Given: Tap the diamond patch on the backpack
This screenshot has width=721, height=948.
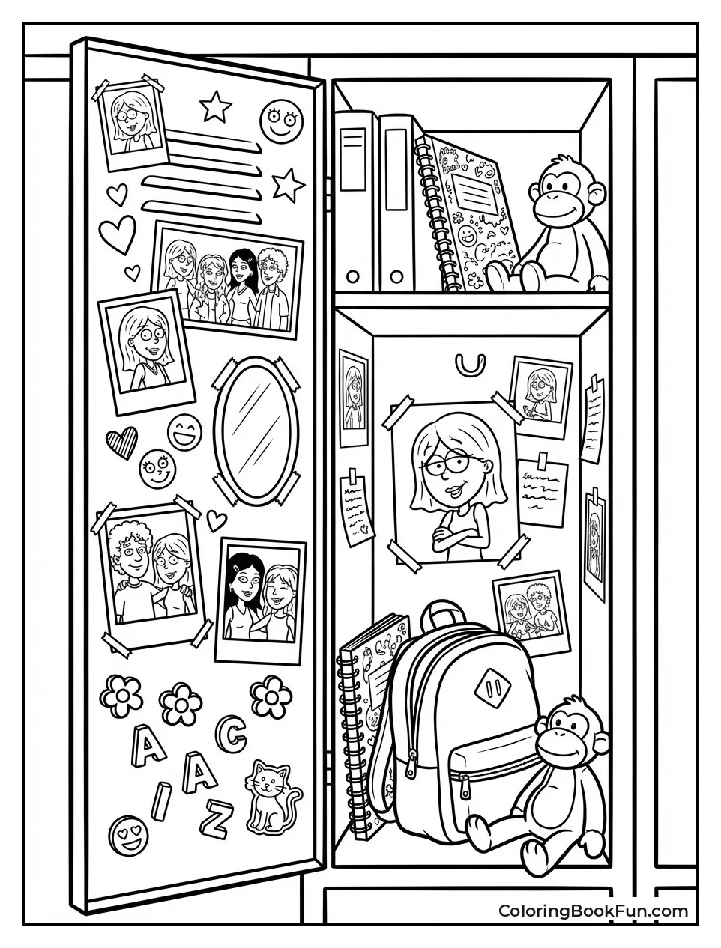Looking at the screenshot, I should [x=493, y=688].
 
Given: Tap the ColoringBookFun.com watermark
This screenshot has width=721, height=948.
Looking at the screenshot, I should [x=593, y=911].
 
